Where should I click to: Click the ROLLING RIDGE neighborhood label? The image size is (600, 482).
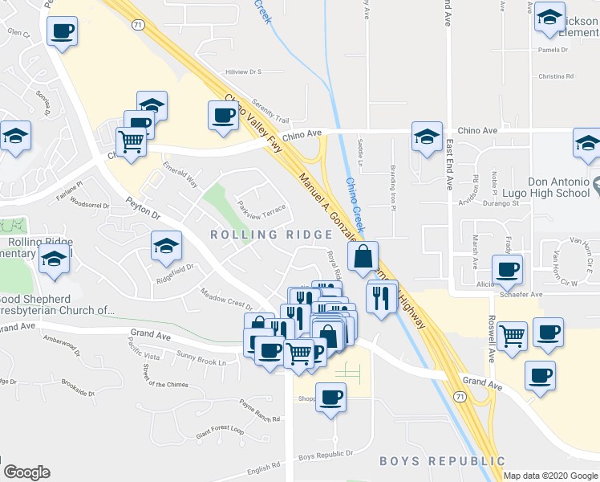click(271, 235)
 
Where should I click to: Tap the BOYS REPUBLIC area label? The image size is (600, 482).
click(442, 461)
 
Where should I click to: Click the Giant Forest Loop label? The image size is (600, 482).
click(214, 430)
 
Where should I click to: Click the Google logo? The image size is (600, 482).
click(26, 472)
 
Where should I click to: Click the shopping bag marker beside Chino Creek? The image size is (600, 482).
click(363, 258)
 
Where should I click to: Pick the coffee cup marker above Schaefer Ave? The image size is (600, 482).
click(507, 270)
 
